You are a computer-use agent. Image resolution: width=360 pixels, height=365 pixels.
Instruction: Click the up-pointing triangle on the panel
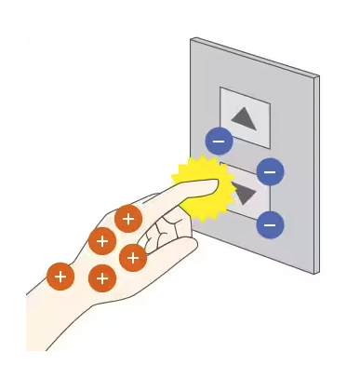244,118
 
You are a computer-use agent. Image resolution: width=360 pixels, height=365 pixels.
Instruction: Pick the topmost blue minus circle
219,142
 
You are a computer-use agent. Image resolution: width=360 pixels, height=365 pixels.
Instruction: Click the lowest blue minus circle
271,224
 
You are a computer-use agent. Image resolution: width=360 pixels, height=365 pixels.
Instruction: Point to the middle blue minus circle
270,172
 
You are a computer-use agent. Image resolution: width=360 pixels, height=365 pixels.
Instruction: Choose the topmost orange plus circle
128,220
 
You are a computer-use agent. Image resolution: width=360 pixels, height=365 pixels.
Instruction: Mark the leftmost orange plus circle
60,276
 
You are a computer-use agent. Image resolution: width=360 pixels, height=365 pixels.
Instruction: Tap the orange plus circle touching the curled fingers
133,256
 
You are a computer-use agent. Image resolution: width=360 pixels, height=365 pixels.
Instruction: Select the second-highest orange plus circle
101,240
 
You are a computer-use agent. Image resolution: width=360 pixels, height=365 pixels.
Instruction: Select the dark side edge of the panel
316,177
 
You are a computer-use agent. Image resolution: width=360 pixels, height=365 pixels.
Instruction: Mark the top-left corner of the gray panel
193,40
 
